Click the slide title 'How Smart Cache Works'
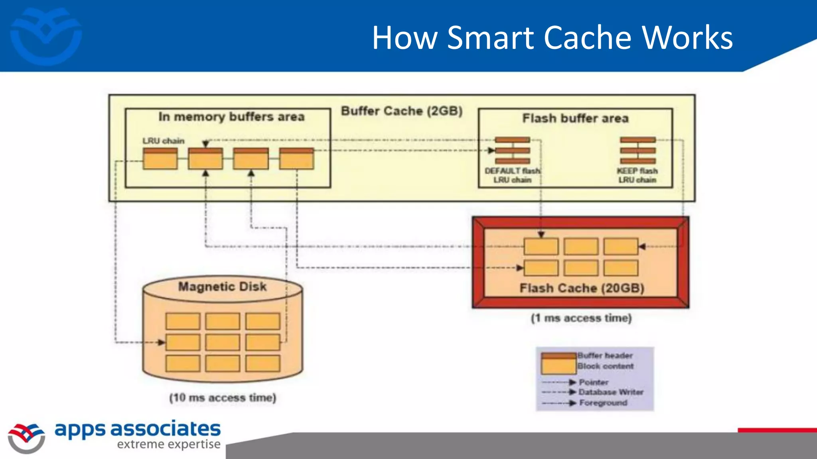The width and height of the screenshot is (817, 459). (552, 37)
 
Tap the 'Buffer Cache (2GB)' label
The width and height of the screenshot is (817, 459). (401, 111)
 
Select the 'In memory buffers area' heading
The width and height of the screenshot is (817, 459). (231, 117)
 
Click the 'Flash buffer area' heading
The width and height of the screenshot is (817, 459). (575, 118)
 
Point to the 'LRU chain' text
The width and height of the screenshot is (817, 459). (164, 141)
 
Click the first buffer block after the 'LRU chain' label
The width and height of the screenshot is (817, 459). (160, 159)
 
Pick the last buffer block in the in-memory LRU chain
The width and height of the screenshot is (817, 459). (296, 159)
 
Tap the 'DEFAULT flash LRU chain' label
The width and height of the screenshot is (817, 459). (513, 175)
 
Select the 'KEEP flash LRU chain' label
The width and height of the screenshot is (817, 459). (637, 175)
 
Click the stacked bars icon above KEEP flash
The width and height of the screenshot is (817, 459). (637, 150)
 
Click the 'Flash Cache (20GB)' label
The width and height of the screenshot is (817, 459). (582, 288)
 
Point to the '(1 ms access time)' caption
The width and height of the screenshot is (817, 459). (581, 318)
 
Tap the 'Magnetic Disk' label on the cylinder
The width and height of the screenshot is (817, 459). (222, 286)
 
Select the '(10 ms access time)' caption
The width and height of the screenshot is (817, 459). (223, 398)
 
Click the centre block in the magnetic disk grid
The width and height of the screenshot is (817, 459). (223, 342)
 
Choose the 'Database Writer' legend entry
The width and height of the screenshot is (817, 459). (611, 392)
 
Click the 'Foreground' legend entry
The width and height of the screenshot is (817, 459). (603, 403)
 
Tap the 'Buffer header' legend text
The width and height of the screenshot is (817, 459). (605, 355)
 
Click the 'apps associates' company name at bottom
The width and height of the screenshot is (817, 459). (137, 429)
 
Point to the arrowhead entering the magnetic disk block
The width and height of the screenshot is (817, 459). (161, 342)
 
